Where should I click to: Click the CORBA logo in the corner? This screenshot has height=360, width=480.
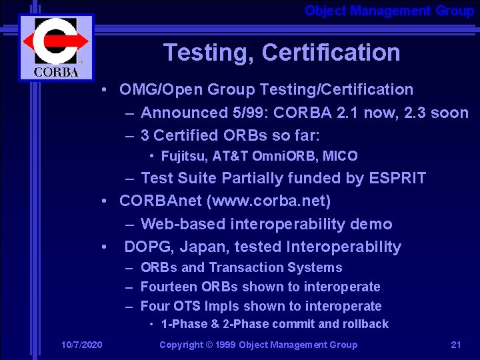coord(56,47)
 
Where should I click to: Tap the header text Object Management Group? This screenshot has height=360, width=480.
coord(389,11)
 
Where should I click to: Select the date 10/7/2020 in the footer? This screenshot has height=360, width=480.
coord(82,345)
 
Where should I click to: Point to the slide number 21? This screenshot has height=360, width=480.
coord(456,345)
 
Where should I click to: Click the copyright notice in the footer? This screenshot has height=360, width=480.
coord(258,345)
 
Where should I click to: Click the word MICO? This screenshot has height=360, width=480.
coord(341,157)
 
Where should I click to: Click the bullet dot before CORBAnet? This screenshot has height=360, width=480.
coord(105,201)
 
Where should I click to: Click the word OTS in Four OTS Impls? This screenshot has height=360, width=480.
coord(186,306)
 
